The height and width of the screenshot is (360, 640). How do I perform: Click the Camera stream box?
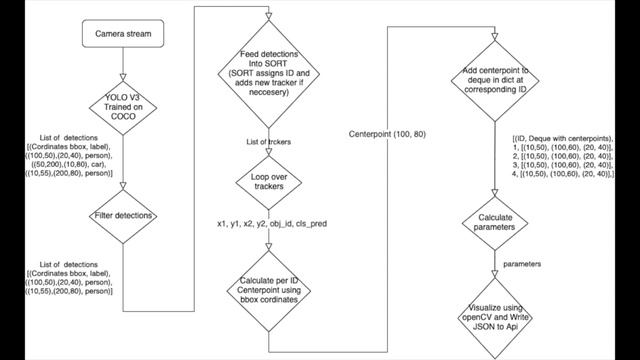pos(122,37)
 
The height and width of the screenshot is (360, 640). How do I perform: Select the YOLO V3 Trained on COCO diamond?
pos(122,105)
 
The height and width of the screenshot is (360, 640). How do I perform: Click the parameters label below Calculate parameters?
pos(525,265)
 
